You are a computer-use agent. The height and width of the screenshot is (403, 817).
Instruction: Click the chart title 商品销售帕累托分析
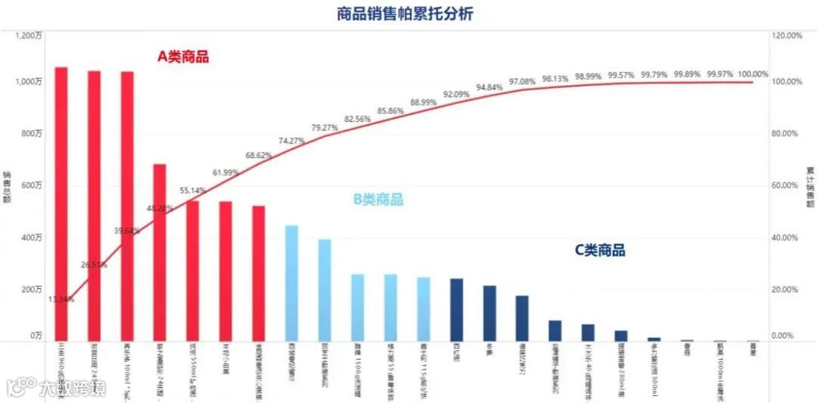pos(405,14)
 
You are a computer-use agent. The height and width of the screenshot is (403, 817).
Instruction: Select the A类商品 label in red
pos(183,56)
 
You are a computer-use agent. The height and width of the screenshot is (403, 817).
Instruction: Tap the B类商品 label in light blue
pos(378,200)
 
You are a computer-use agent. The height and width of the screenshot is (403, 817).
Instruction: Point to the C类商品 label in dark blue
pos(600,250)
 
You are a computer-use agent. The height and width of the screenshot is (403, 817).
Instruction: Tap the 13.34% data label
pos(61,299)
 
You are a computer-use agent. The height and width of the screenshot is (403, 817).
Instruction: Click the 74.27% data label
pos(291,141)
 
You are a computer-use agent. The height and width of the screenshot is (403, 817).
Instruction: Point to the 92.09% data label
pos(456,95)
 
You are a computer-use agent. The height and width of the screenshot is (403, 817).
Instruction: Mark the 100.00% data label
pos(753,74)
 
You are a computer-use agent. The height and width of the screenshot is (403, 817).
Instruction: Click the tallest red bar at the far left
pos(61,204)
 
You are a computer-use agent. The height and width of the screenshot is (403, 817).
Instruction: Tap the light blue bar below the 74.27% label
pos(291,283)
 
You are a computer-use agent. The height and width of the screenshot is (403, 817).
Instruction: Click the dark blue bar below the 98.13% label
pos(555,330)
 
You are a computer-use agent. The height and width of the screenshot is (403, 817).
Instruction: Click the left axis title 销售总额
pos(7,186)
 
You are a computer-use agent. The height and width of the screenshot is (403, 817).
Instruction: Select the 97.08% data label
pos(522,81)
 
